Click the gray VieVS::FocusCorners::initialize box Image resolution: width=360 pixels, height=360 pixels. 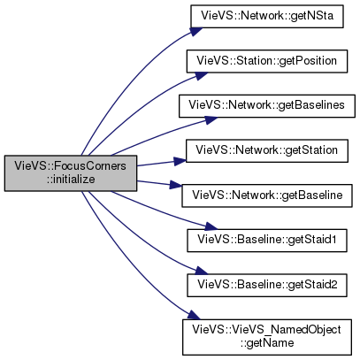point(71,173)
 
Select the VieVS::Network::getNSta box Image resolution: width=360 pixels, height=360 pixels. point(267,16)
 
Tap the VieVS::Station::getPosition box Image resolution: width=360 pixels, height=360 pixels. point(267,61)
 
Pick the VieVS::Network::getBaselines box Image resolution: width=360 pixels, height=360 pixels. point(267,106)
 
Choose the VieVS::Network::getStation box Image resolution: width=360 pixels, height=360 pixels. point(267,150)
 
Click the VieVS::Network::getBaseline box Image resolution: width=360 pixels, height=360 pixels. point(267,195)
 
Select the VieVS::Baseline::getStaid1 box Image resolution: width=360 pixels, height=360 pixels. point(267,241)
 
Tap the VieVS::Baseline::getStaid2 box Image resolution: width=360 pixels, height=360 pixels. point(267,285)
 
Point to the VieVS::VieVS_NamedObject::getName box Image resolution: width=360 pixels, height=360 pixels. point(267,337)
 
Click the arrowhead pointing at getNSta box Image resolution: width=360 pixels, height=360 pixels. point(196,31)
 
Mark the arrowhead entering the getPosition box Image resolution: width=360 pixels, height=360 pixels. point(201,75)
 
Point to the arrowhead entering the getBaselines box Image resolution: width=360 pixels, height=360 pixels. point(211,119)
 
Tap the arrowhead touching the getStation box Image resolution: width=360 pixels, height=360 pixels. point(180,161)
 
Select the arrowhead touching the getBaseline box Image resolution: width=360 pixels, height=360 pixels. point(176,186)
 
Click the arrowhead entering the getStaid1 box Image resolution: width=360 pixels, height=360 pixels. point(211,227)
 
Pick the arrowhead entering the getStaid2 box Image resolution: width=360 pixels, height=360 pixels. point(201,271)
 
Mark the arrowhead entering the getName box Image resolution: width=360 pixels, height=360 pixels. point(194,315)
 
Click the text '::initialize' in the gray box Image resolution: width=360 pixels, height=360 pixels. point(71,180)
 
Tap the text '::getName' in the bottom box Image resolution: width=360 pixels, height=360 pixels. point(267,343)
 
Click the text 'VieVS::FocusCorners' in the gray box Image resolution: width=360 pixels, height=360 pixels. point(71,166)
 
